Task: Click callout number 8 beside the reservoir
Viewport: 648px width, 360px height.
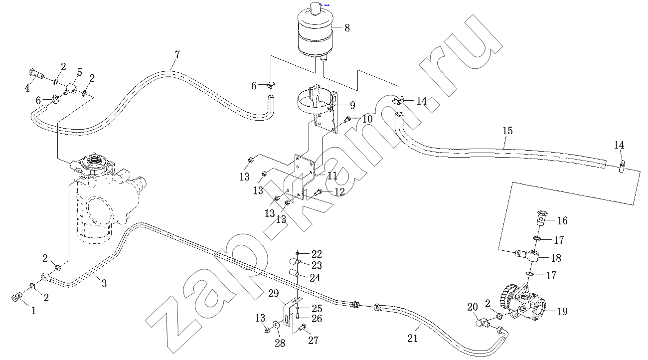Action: (347, 28)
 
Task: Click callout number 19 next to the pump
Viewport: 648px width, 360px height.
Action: (562, 312)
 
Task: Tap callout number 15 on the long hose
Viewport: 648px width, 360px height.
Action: (507, 131)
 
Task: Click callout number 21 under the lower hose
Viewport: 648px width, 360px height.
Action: (412, 339)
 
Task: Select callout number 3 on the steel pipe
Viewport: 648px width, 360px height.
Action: (104, 284)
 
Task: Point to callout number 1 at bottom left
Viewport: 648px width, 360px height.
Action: (34, 310)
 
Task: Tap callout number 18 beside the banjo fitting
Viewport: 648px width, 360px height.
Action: (556, 258)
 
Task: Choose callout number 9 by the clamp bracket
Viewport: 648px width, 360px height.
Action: (352, 105)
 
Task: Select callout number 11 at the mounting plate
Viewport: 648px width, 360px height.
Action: (332, 176)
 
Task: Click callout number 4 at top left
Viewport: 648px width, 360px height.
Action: (27, 88)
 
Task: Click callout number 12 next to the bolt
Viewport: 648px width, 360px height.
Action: (339, 191)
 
